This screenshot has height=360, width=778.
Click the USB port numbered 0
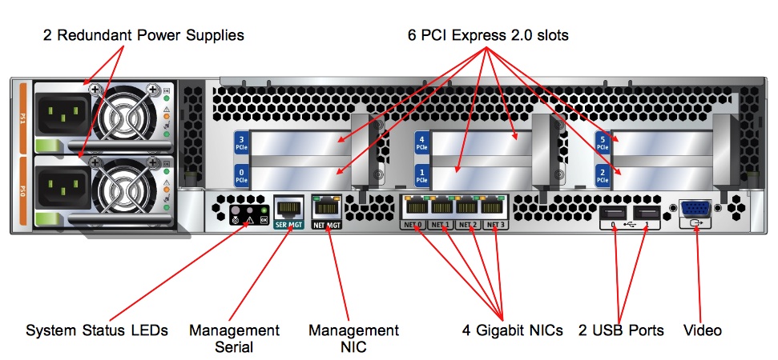613,214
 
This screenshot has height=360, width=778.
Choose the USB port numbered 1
649,214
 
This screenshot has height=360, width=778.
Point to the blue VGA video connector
694,210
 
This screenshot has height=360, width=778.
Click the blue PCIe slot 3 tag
242,144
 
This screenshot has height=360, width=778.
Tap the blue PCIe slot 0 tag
242,175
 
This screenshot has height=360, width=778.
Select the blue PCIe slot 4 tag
422,144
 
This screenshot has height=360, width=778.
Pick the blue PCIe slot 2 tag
603,175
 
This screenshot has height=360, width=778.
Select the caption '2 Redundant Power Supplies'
143,35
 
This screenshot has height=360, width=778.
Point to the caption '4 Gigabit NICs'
512,330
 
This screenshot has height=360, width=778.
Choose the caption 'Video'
703,330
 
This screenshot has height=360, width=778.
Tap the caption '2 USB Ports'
621,330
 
